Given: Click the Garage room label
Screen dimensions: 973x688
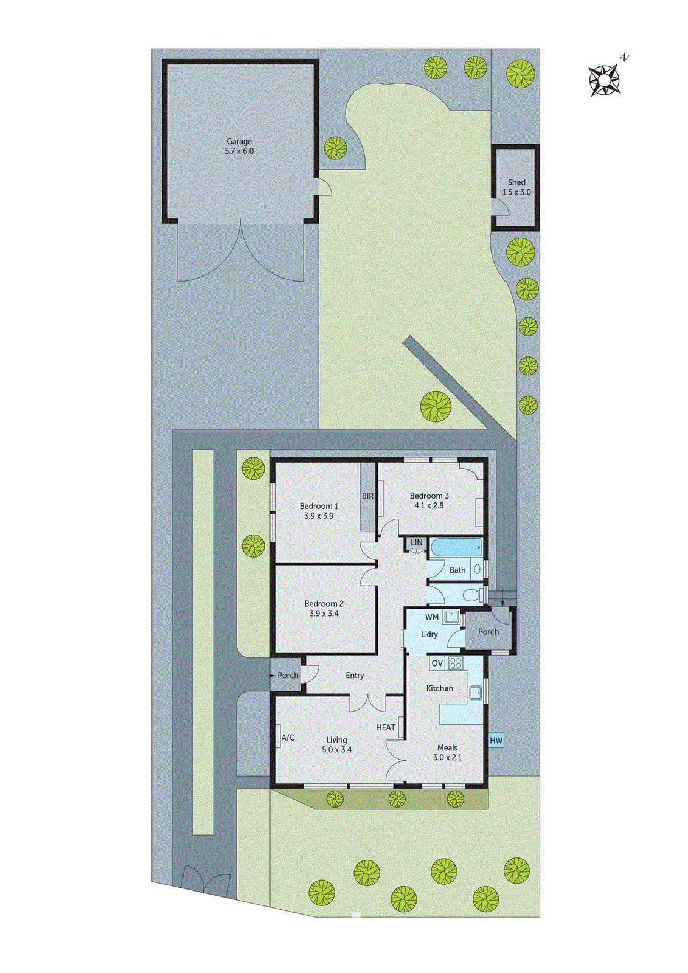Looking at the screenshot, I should [x=239, y=141].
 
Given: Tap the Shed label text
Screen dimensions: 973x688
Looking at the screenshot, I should [x=516, y=182].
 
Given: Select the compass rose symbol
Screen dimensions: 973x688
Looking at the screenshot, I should [x=605, y=80].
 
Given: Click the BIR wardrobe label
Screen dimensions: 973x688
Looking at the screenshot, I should [x=368, y=496].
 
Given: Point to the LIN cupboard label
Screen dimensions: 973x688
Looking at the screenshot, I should [x=417, y=542].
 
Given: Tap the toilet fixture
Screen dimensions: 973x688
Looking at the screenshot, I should [x=473, y=594].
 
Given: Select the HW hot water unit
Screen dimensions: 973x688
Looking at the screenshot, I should [x=496, y=740].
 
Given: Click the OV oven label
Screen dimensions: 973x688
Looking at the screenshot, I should [x=437, y=663].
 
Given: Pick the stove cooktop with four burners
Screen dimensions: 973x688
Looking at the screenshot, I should [x=456, y=663].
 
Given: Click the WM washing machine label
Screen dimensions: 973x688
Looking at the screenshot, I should [x=432, y=617].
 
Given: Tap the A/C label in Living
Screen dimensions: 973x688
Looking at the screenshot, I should [x=288, y=738].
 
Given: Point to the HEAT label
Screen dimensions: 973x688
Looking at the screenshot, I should [x=386, y=727].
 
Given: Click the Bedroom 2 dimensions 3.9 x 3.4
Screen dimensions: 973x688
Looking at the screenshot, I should [x=324, y=614].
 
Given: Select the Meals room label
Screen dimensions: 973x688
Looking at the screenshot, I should [x=447, y=748].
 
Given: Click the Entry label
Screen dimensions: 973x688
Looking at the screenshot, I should [x=355, y=676].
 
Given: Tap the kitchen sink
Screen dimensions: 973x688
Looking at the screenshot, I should [x=476, y=692].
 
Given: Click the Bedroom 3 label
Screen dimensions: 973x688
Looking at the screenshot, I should [x=429, y=496].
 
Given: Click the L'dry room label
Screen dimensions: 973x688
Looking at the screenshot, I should [x=429, y=634].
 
